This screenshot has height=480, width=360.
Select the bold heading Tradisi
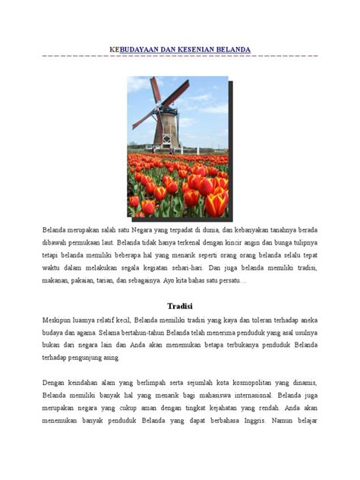[180, 306]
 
